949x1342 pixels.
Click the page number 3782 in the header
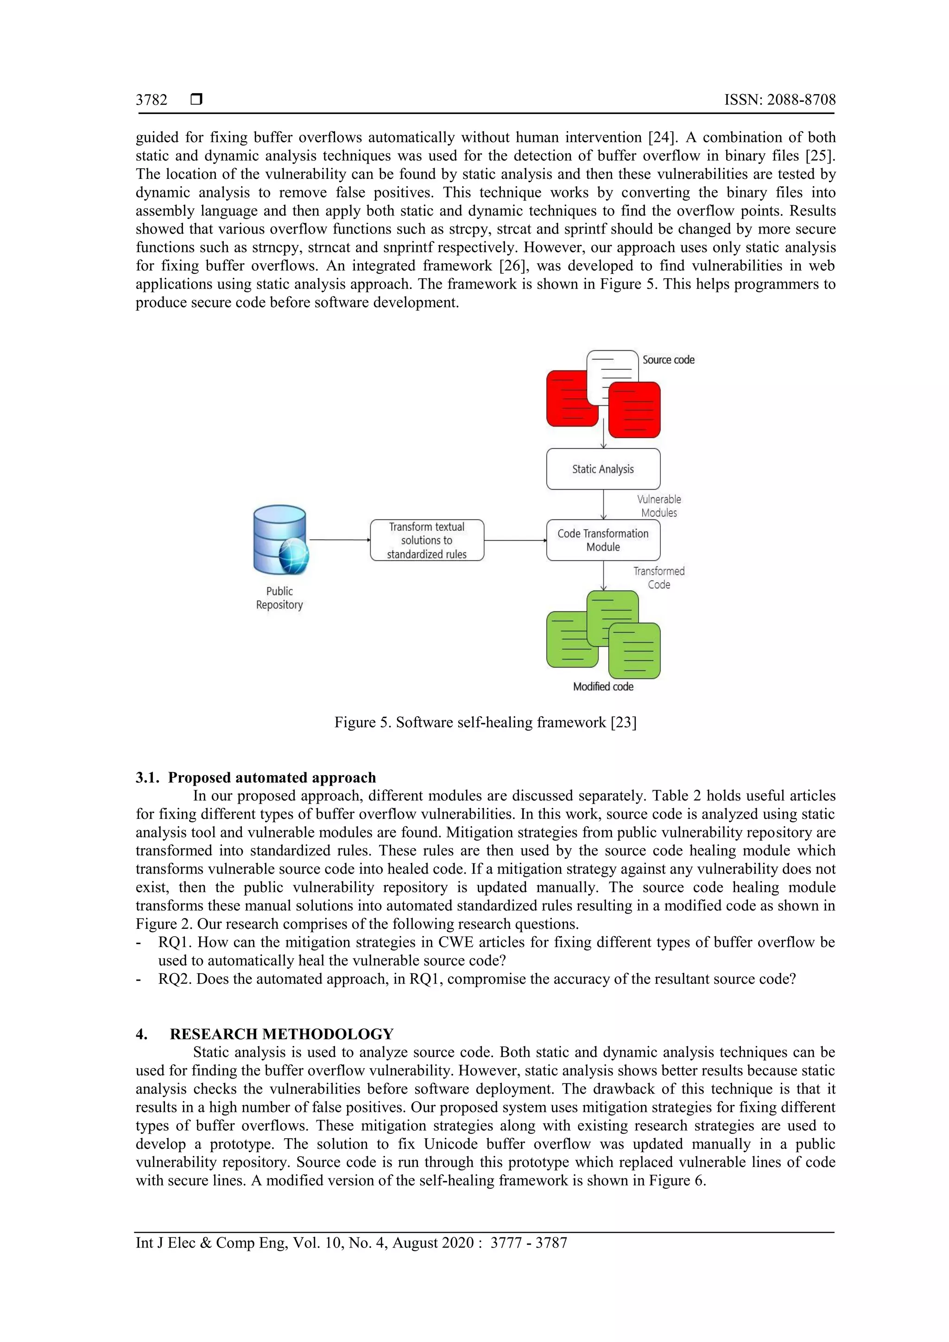152,100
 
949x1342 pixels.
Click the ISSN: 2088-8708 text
779,100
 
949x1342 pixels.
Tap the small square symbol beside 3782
196,99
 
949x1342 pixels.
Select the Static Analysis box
603,469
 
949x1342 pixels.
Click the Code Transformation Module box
603,540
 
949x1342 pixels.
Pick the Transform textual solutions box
427,540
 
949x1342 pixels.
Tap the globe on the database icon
293,556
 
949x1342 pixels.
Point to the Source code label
668,360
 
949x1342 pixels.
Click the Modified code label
603,687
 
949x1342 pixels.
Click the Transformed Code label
659,578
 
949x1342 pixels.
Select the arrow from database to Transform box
339,540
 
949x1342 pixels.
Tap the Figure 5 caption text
485,723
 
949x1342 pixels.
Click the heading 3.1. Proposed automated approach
256,777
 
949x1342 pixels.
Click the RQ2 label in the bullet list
174,979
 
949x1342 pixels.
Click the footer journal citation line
351,1243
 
